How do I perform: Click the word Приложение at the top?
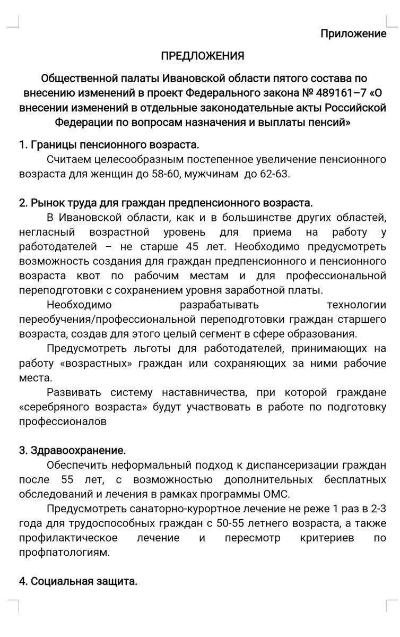(353, 34)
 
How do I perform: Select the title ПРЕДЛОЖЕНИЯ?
(203, 56)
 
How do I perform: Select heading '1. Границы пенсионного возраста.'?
(109, 144)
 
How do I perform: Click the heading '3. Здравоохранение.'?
(73, 451)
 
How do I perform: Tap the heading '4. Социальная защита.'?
(79, 581)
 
